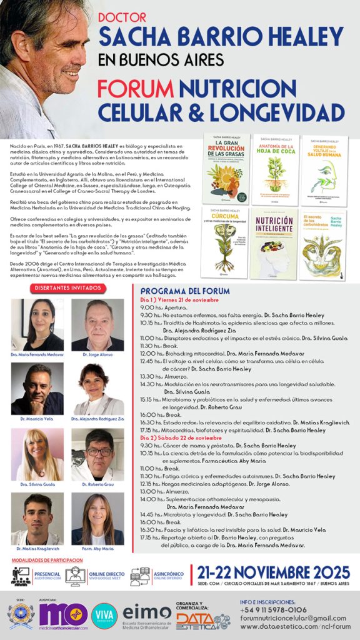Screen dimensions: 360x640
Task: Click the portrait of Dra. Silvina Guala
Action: (x=37, y=454)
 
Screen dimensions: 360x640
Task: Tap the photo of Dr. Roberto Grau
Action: (x=97, y=454)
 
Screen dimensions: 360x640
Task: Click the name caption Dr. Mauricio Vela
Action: (x=37, y=419)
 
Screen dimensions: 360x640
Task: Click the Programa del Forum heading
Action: (x=182, y=291)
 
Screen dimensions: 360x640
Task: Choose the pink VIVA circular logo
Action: (x=104, y=615)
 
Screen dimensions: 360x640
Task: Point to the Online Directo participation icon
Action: (x=75, y=576)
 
